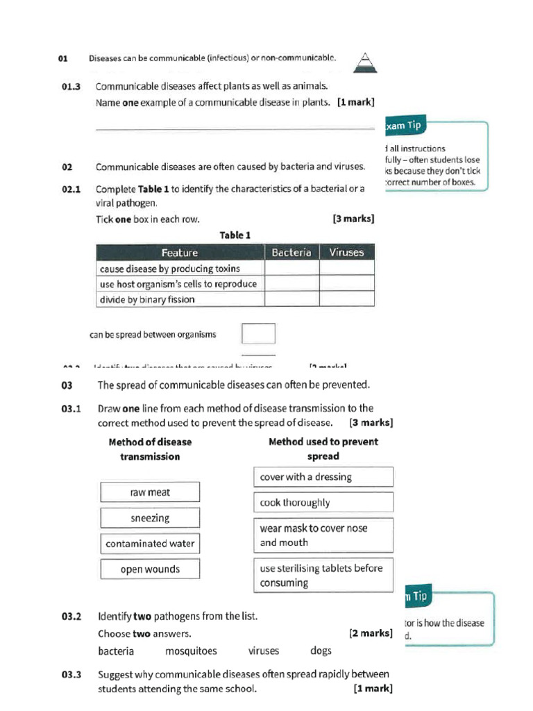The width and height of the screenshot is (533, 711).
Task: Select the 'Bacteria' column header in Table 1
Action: click(x=291, y=253)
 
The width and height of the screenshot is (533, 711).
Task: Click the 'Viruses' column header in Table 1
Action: click(x=346, y=253)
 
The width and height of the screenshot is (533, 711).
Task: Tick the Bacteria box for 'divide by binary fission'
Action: click(x=291, y=299)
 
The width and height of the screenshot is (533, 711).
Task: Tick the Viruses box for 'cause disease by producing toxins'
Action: click(x=346, y=268)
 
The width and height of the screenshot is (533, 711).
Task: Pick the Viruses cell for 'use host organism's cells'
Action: click(x=346, y=283)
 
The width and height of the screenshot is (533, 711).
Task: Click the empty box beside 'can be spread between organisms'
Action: click(x=258, y=334)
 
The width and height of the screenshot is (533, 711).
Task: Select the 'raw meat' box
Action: click(x=150, y=492)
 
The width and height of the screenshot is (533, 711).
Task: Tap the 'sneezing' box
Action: click(x=150, y=518)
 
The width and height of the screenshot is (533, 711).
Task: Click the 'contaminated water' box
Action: click(x=150, y=544)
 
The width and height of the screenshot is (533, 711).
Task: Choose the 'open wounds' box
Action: click(x=150, y=569)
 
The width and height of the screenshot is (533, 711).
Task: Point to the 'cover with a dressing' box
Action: click(x=323, y=477)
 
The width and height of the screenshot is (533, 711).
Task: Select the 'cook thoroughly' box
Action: click(x=323, y=503)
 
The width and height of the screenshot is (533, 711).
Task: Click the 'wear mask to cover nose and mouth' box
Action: click(x=323, y=535)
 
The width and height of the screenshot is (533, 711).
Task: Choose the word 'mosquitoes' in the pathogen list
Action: click(x=191, y=651)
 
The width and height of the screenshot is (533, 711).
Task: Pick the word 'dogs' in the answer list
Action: click(x=321, y=651)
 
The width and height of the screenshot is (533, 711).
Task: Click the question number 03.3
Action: click(x=71, y=674)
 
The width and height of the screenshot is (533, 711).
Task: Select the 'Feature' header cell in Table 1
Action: click(x=180, y=253)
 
